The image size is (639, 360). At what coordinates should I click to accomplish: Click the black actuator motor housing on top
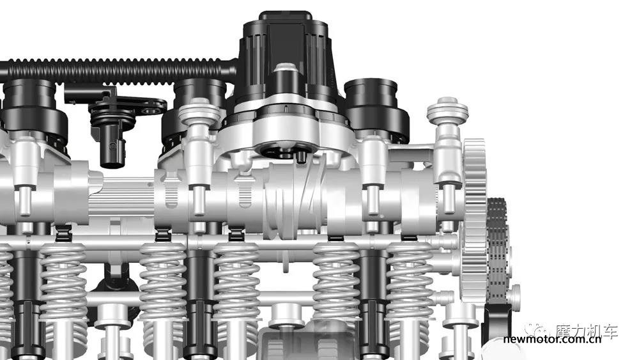click(285, 61)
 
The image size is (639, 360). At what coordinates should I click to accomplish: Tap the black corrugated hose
click(118, 72)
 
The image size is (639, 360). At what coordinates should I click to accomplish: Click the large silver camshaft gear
click(474, 220)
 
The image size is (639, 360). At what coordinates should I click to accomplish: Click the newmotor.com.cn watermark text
click(552, 339)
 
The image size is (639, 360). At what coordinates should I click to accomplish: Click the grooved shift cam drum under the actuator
click(294, 200)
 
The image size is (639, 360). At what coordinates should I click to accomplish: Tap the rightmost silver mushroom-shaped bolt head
click(447, 110)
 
